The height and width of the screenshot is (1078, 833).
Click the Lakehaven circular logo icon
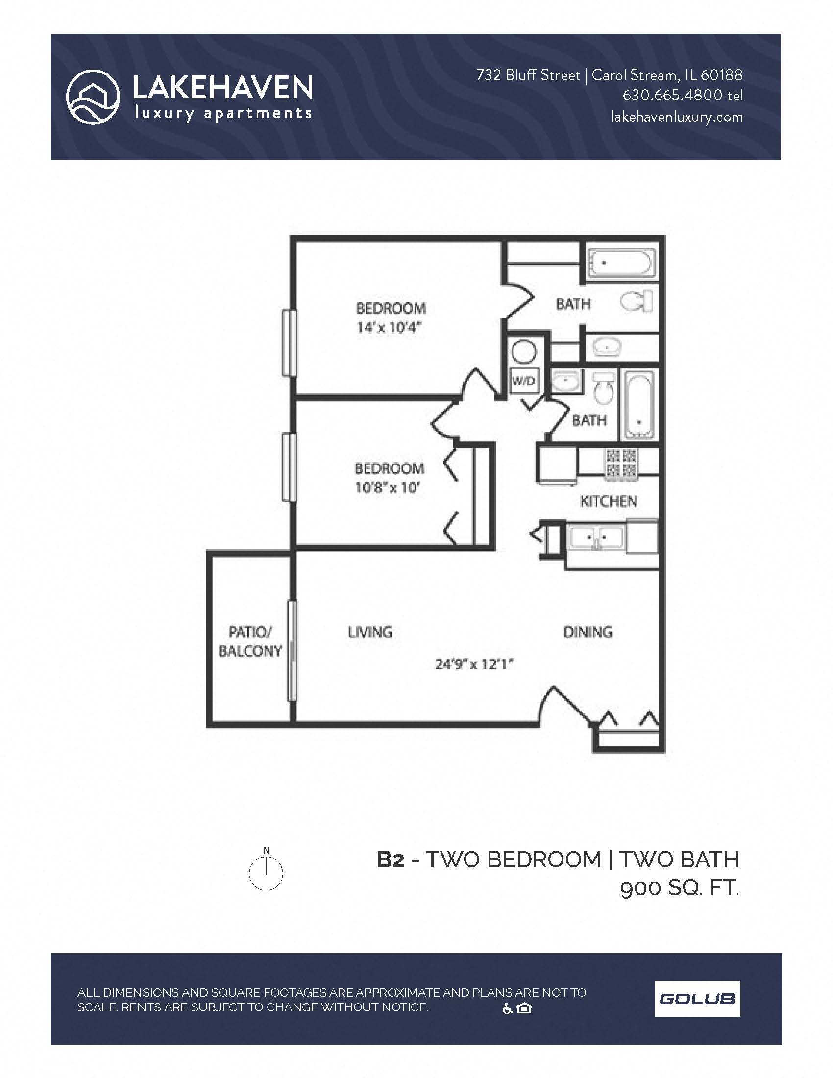point(93,97)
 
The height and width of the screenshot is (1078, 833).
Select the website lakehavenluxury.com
point(677,117)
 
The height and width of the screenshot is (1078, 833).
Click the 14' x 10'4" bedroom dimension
point(390,328)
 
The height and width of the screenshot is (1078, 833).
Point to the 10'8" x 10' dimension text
point(388,488)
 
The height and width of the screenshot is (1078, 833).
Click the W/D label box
point(524,381)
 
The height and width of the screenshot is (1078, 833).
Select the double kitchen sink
point(596,537)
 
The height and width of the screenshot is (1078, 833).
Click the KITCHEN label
point(609,501)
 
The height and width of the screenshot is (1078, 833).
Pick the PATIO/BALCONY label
point(250,641)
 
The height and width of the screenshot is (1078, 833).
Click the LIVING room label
point(369,632)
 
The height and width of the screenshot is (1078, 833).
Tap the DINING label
point(588,632)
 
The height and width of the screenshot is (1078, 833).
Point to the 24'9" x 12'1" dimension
point(474,664)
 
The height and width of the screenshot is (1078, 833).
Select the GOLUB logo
point(697,999)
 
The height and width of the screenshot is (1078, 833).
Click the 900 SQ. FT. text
point(680,888)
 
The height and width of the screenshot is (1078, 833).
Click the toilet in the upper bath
point(637,301)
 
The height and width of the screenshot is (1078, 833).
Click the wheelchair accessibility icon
point(507,1009)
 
